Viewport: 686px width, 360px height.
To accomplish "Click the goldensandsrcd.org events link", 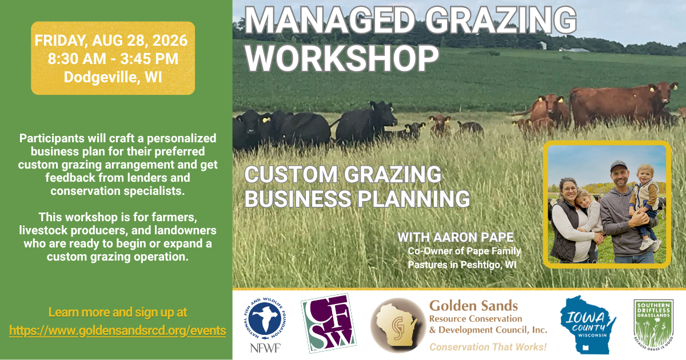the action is tap(118, 331).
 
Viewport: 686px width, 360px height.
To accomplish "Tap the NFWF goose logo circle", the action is tap(265, 318).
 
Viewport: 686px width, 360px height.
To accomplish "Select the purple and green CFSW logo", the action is tap(329, 323).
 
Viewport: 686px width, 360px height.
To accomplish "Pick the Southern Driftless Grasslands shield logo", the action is tap(653, 325).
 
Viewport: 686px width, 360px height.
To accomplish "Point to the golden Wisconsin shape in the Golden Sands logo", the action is tap(397, 325).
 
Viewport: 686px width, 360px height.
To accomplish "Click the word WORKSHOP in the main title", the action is tap(342, 58).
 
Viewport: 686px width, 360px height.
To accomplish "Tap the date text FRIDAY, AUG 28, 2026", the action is tap(111, 41).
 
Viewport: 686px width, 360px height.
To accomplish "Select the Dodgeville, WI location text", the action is tap(113, 77).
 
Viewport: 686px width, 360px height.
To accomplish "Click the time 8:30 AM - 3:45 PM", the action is tap(113, 58).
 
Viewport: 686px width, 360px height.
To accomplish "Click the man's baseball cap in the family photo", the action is tap(619, 166).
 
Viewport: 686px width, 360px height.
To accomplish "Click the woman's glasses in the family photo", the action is tap(569, 189).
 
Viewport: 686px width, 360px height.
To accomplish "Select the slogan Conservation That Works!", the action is tap(488, 347).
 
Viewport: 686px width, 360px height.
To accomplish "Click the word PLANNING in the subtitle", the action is tap(414, 199).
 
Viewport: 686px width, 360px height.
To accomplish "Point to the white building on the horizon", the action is tap(543, 45).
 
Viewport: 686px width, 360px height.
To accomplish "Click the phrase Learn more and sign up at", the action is tap(118, 313).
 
